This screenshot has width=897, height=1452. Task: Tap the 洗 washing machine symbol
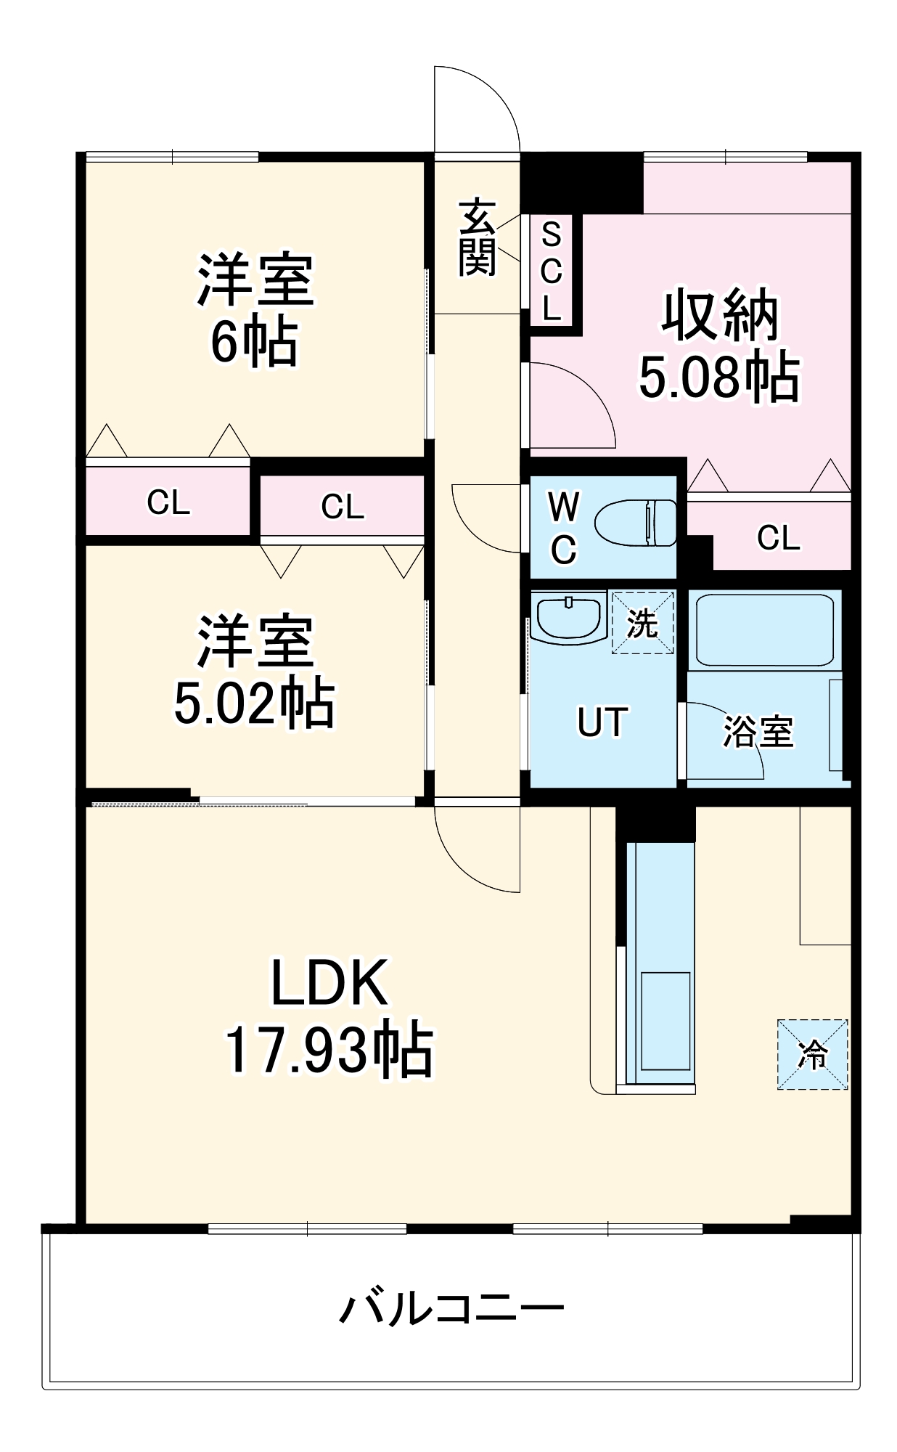coord(642,623)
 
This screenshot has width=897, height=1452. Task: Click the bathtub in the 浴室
coord(763,629)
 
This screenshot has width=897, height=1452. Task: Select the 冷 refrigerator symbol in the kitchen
coord(812,1054)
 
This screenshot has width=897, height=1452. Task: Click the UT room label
coord(602,722)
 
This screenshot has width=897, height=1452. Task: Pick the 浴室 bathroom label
coord(758,731)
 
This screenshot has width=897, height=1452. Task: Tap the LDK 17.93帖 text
coord(329,1016)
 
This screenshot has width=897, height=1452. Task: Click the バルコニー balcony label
coord(451,1307)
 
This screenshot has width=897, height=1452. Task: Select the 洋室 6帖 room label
coord(255,309)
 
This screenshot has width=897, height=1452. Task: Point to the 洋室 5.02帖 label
coord(255,672)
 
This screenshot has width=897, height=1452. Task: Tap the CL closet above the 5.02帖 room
coord(342,507)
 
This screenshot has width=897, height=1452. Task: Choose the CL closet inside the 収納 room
coord(778,538)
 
